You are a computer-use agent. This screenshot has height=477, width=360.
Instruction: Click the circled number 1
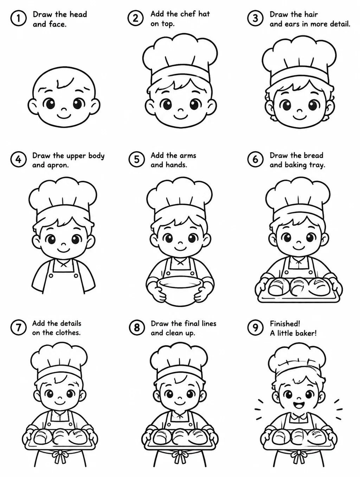point(18,18)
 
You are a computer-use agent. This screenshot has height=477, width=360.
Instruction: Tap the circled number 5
point(136,159)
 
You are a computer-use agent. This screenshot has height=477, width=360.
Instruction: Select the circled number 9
point(255,327)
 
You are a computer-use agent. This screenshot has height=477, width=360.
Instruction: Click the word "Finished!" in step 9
point(285,324)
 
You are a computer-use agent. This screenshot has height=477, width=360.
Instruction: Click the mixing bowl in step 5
point(180,291)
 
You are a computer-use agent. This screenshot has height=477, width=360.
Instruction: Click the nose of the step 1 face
point(63,109)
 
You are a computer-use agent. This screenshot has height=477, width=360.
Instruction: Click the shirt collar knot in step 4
point(63,265)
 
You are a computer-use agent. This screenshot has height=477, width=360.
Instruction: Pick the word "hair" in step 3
point(311,14)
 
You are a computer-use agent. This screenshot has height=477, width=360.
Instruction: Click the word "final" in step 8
point(191,324)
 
